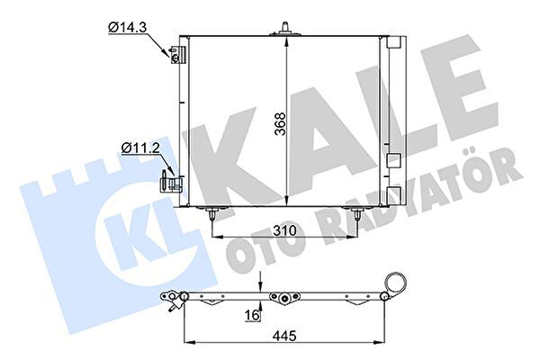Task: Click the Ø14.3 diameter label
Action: [x=127, y=27]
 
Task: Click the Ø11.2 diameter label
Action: [x=140, y=148]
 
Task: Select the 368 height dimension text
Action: [x=281, y=124]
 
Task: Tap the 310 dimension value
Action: [x=284, y=230]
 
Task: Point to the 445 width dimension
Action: [x=284, y=336]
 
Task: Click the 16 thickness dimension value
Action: [x=252, y=315]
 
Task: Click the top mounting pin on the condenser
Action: [x=285, y=29]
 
